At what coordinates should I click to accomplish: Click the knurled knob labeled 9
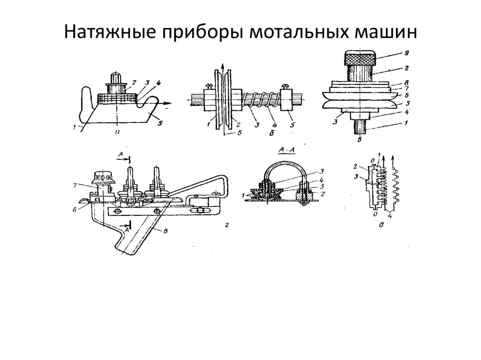coord(360,59)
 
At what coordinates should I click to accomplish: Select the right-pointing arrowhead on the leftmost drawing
coord(171,103)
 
